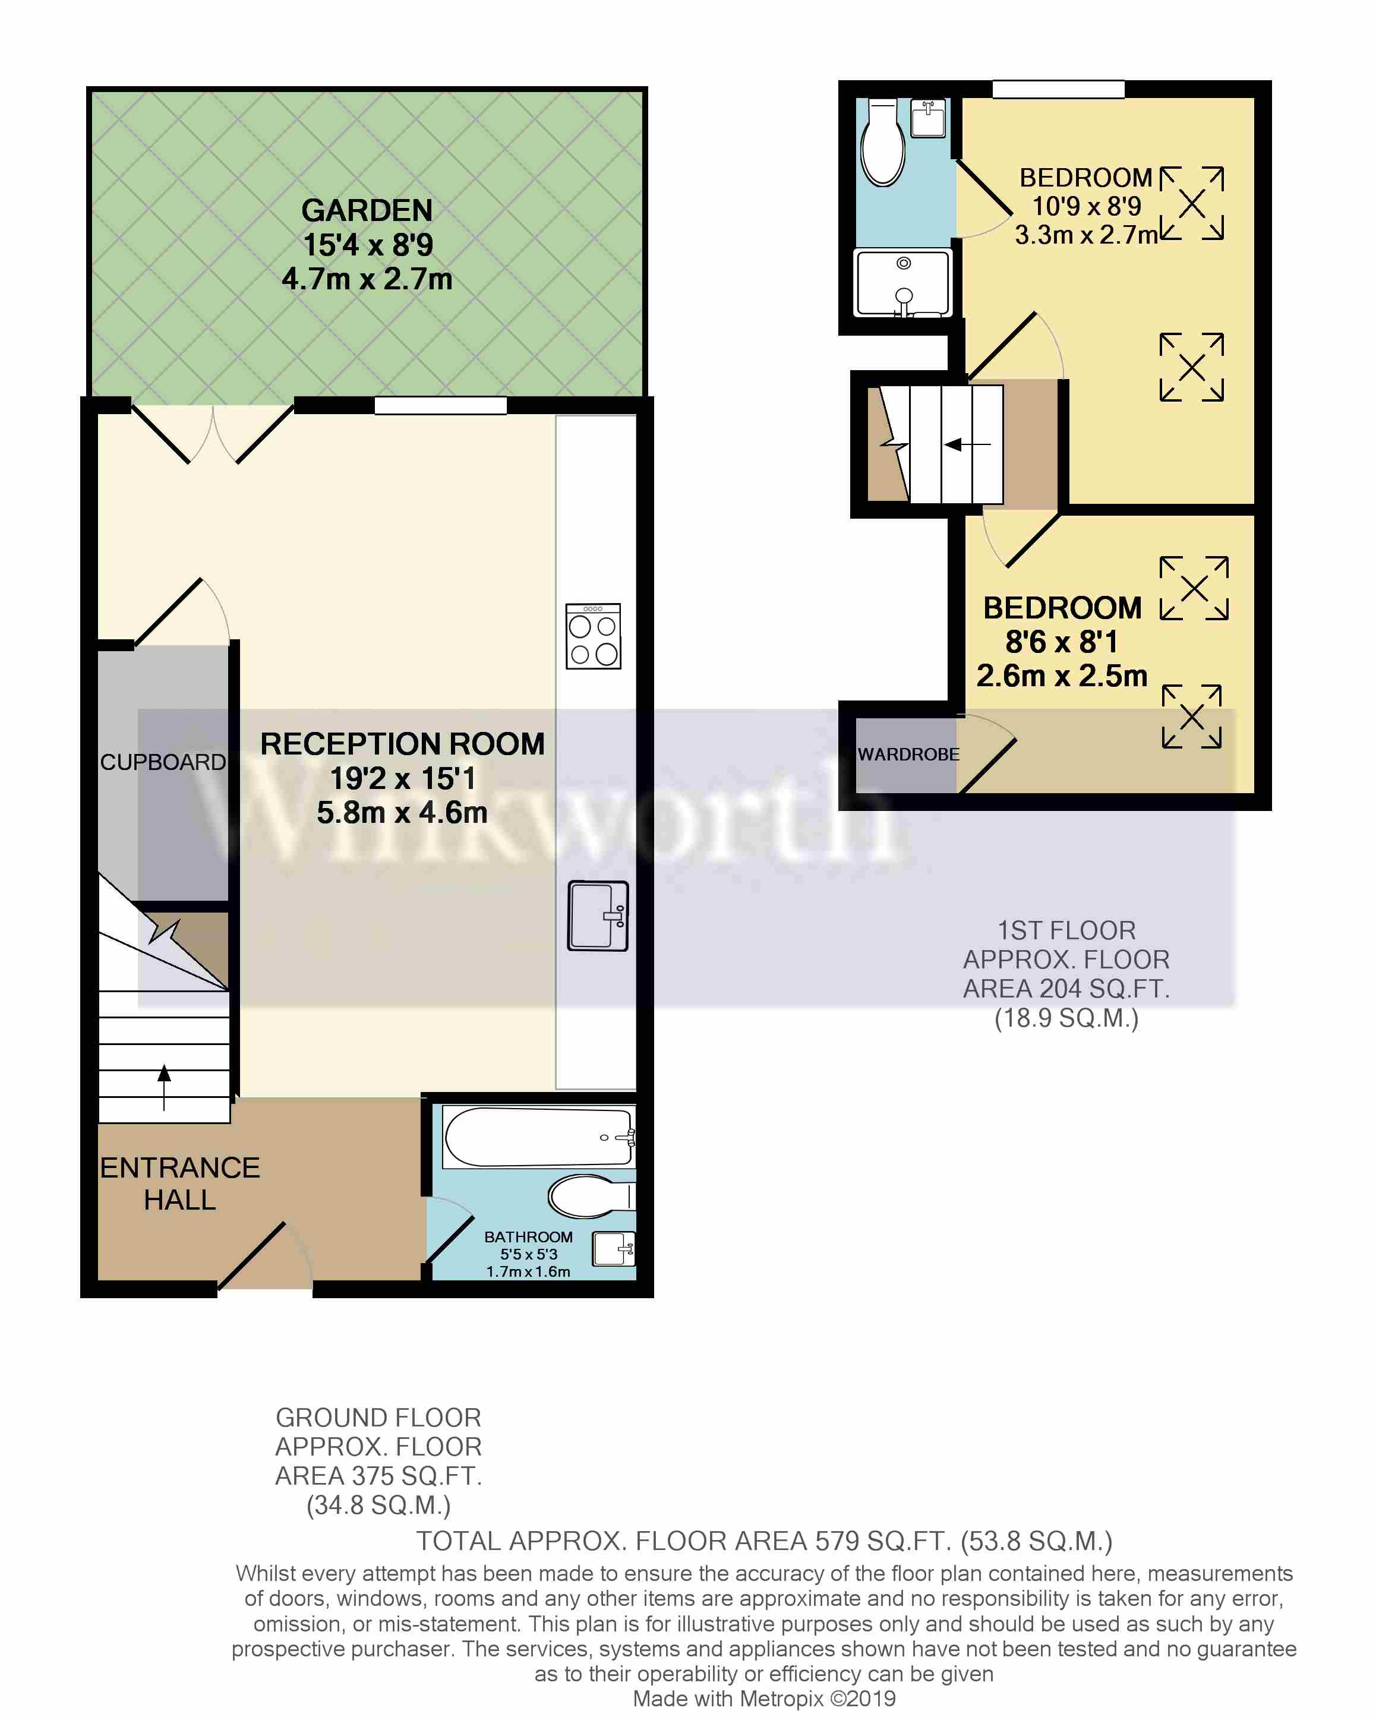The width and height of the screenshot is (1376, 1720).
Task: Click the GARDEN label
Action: pyautogui.click(x=367, y=210)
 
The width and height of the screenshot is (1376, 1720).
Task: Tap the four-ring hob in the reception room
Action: pyautogui.click(x=593, y=636)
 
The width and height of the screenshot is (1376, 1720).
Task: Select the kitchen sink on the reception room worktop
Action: pyautogui.click(x=598, y=915)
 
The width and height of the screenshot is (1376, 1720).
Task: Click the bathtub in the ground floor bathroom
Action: pyautogui.click(x=539, y=1137)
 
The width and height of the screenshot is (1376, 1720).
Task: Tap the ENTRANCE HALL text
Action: pyautogui.click(x=179, y=1184)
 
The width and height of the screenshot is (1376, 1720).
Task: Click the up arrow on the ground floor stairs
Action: pyautogui.click(x=165, y=1087)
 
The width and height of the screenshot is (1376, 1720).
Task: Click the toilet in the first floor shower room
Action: pyautogui.click(x=882, y=142)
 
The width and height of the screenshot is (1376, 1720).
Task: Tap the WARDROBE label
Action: pyautogui.click(x=908, y=754)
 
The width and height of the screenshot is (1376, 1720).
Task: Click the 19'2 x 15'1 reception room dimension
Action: pyautogui.click(x=403, y=778)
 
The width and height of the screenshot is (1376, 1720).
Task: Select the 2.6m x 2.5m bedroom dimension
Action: pyautogui.click(x=1062, y=676)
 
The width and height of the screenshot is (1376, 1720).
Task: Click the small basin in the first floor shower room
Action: pyautogui.click(x=927, y=118)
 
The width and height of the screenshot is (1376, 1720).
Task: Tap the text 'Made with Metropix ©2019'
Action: pyautogui.click(x=764, y=1699)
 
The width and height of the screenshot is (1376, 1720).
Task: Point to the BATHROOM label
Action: pyautogui.click(x=528, y=1236)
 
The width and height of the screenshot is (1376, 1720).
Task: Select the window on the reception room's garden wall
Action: pyautogui.click(x=440, y=405)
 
